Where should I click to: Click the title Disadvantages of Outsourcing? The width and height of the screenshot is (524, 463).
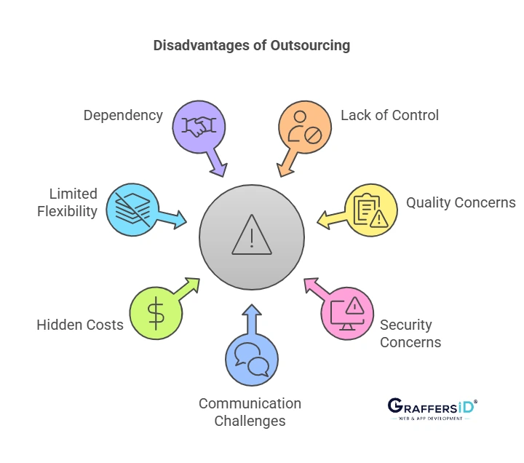(251, 45)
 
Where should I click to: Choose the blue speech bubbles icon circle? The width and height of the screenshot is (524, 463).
(252, 359)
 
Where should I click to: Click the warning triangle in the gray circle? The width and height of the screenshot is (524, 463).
(252, 234)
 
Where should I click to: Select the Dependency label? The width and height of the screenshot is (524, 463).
(123, 115)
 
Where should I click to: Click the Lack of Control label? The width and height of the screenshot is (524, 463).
(389, 115)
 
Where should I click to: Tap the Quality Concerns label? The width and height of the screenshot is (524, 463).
(461, 202)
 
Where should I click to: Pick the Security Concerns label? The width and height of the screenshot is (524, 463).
(410, 333)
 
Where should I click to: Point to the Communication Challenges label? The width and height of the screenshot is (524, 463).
(250, 412)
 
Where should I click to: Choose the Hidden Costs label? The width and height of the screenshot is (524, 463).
(80, 325)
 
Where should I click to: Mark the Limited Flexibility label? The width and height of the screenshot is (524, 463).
(68, 202)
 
